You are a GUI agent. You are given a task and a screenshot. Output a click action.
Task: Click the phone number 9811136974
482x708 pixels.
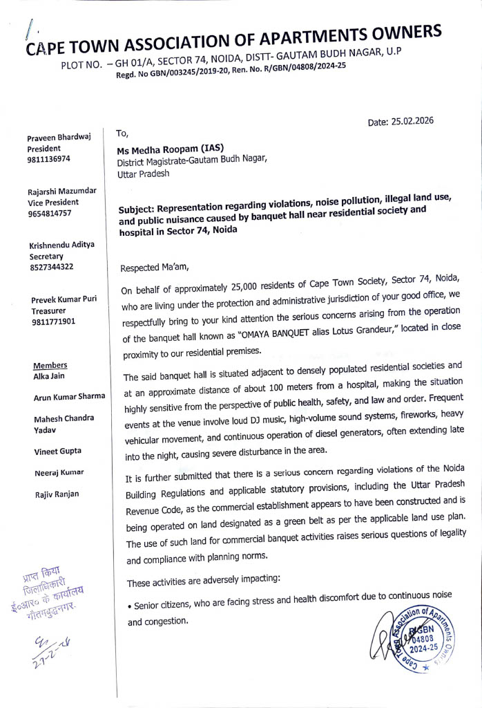[x=49, y=159]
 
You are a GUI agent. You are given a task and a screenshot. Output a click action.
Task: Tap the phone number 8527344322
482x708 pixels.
[x=51, y=266]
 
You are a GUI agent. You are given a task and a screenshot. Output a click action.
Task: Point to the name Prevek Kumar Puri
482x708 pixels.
[x=64, y=299]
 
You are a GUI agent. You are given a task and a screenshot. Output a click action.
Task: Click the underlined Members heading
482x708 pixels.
[x=50, y=365]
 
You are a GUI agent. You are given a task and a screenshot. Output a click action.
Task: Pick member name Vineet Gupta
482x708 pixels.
[x=57, y=451]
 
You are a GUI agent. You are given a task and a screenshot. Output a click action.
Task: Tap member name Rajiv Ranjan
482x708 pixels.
[x=57, y=494]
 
